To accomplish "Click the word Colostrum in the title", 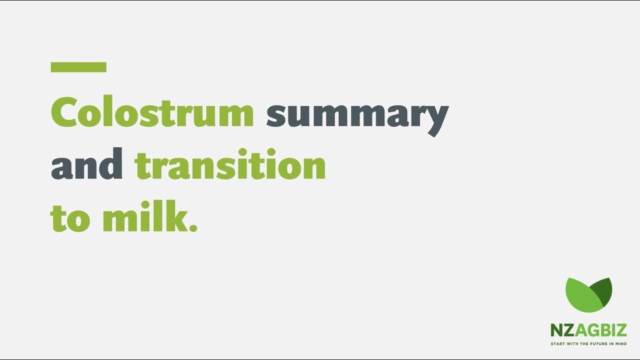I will pyautogui.click(x=152, y=113).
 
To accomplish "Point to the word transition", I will pyautogui.click(x=230, y=165).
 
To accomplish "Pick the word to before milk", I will pyautogui.click(x=70, y=218).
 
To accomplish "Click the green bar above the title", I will pyautogui.click(x=78, y=67).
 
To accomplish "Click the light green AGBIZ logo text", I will pyautogui.click(x=600, y=330).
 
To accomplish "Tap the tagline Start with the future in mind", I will pyautogui.click(x=588, y=344).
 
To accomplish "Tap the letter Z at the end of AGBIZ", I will pyautogui.click(x=621, y=330).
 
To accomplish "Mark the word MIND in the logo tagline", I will pyautogui.click(x=621, y=344).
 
